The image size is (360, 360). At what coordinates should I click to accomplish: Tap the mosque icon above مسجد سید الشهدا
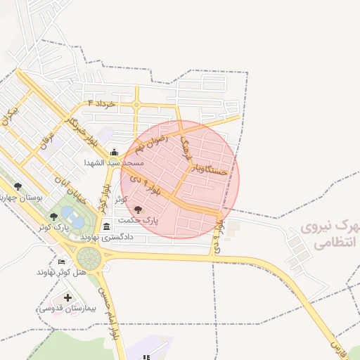114,152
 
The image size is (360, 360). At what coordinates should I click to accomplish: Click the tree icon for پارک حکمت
137,210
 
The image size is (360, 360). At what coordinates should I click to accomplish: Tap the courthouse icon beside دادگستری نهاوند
106,226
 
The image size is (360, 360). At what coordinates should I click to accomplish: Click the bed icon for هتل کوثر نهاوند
61,262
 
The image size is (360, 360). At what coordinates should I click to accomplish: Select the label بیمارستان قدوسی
63,308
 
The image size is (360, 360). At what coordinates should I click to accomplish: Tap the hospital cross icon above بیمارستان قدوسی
67,297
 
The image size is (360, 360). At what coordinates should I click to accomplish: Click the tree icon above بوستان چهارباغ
18,187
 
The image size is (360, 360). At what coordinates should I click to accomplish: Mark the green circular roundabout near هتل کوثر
89,258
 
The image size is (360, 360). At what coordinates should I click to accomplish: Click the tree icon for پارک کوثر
54,216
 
